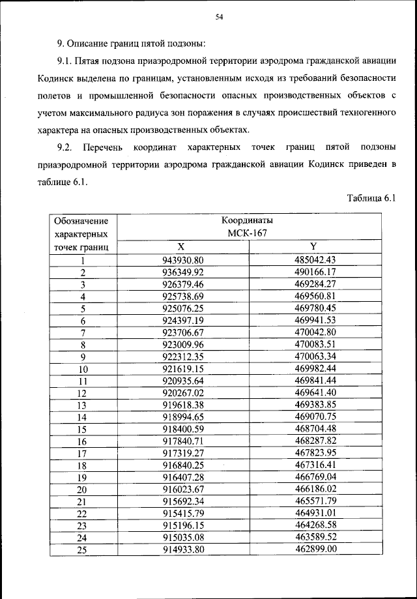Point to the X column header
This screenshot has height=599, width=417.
point(181,246)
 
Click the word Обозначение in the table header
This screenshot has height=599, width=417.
point(81,221)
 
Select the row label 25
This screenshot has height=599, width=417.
point(83,550)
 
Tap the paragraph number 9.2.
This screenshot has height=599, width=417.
point(68,148)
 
